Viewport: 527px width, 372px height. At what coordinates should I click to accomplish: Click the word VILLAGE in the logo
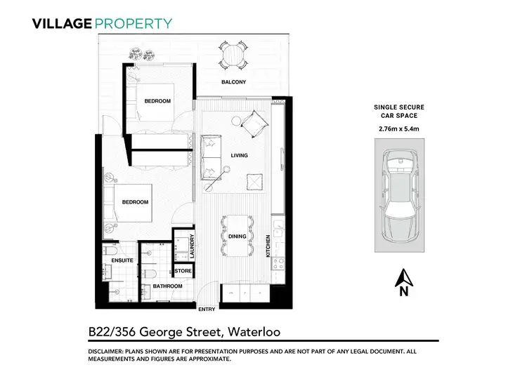[62, 23]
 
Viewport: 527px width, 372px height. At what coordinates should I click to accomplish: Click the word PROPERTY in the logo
[133, 23]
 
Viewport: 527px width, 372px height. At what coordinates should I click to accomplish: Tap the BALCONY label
[233, 83]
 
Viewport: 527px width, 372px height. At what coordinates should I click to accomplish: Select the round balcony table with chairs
[233, 55]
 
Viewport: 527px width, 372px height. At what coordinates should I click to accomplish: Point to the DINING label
[238, 237]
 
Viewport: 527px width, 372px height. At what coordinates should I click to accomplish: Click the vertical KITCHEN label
[268, 248]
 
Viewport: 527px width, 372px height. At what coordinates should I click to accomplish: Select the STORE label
[183, 270]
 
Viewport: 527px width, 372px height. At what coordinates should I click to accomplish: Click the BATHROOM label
[167, 286]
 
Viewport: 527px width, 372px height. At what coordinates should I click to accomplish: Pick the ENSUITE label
[122, 260]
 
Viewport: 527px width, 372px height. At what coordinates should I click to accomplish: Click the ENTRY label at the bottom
[207, 310]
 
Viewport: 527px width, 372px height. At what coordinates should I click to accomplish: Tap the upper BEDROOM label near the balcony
[157, 101]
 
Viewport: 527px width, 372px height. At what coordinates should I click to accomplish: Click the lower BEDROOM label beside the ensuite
[136, 202]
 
